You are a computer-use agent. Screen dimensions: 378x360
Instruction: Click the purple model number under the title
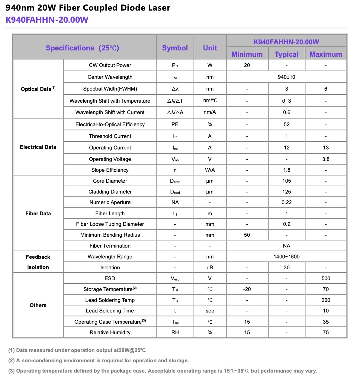coord(47,20)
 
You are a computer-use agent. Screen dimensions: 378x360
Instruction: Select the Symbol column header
coord(175,48)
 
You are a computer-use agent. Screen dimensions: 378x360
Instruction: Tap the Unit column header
coord(210,48)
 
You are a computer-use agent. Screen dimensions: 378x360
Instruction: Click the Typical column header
coord(286,54)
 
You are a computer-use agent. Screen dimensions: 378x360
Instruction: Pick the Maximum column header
coord(326,54)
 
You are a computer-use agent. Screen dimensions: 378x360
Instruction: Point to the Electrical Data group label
coord(38,147)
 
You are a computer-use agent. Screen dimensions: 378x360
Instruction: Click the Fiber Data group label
coord(38,213)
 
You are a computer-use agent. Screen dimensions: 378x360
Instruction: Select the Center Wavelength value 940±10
coord(286,77)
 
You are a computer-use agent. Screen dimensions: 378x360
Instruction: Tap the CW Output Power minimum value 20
coord(247,65)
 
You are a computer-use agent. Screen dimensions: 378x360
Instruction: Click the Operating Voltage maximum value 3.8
coord(326,159)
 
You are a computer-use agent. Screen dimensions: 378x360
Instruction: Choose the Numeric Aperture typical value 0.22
coord(286,202)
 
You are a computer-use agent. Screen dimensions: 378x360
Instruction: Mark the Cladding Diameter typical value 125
coord(286,192)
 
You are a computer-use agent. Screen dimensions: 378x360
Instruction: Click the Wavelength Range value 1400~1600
coord(286,257)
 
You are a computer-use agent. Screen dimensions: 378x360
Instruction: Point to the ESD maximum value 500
coord(326,278)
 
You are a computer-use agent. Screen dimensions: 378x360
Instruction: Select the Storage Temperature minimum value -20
coord(247,289)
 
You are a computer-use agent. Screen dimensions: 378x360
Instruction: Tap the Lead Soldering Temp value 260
coord(326,300)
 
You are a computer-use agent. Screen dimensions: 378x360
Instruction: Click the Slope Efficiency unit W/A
coord(210,170)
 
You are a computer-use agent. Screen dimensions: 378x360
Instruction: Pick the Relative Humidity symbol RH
coord(175,332)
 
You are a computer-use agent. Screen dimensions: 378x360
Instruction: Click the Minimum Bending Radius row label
coord(110,235)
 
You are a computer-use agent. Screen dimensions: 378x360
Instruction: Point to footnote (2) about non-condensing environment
coord(98,360)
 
